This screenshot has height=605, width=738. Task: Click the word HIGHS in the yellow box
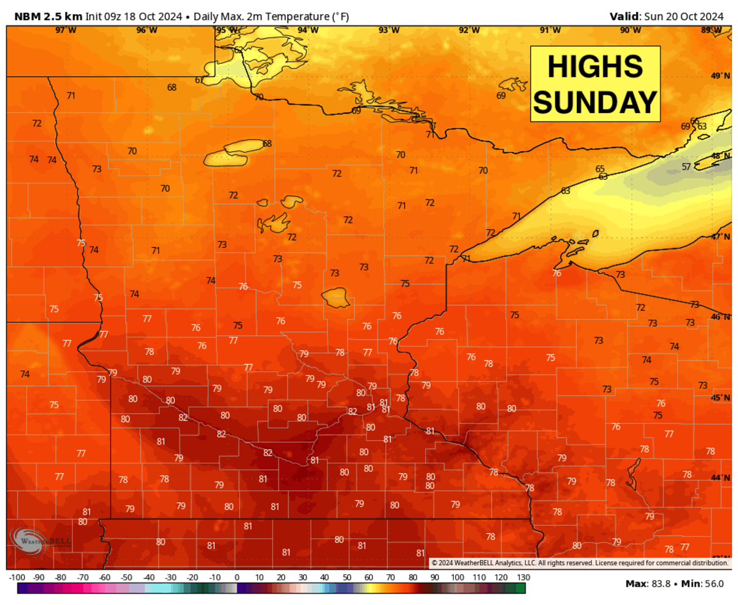pos(595,66)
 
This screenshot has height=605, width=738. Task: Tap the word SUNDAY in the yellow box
pos(595,101)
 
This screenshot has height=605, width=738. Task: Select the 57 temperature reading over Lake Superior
pos(686,166)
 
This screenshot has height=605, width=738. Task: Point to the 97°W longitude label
pos(66,30)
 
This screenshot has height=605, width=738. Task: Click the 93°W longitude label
pos(389,30)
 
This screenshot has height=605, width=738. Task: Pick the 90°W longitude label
pos(630,30)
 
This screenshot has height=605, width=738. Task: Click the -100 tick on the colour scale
pos(17,578)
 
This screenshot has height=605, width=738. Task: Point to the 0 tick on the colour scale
pos(237,578)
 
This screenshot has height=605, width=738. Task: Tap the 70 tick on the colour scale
pos(391,578)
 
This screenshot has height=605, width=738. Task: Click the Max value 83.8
pos(663,584)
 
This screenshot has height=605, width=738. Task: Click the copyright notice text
pos(579,563)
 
